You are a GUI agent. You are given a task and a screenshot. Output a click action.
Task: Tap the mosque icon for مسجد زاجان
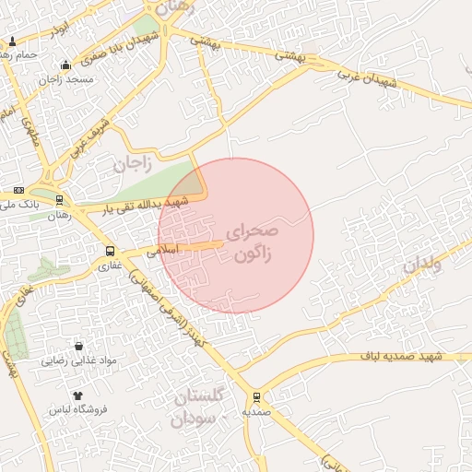pos(65,65)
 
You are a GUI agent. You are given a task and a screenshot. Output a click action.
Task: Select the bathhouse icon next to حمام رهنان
pos(12,41)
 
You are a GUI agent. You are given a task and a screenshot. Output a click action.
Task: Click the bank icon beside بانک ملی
pos(19,189)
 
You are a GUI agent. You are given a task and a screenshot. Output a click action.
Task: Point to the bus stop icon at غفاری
pos(111,251)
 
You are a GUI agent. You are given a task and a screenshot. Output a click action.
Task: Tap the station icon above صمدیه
pos(256,397)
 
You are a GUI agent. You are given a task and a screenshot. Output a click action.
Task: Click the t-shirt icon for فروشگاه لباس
pos(77,395)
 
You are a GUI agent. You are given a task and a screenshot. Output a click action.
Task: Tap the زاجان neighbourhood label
pos(132,165)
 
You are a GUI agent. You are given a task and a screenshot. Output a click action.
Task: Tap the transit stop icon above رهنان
pos(60,200)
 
